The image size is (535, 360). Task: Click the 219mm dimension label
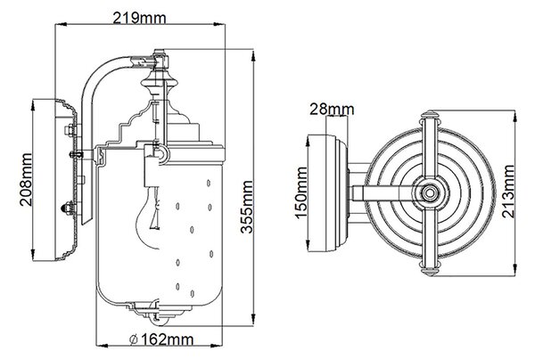[140, 18]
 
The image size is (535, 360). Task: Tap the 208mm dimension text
[26, 180]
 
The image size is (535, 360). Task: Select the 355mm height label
[246, 207]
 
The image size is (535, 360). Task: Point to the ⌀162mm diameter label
[161, 340]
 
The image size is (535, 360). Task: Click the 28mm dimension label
[332, 109]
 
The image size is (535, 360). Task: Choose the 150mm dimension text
[301, 192]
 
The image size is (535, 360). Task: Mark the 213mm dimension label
[508, 192]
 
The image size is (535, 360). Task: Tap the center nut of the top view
[429, 193]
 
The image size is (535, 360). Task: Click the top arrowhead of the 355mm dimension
[253, 56]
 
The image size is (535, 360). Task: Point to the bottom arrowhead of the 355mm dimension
[253, 320]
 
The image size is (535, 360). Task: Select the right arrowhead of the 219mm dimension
[219, 24]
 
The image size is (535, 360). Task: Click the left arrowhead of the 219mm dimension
[61, 24]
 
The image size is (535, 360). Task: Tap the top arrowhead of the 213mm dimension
[514, 116]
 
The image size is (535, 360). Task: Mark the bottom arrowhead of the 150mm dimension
[309, 245]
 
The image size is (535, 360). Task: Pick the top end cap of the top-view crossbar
[430, 115]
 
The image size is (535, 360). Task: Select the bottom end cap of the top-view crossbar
[430, 271]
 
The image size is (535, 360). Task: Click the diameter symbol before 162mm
[134, 340]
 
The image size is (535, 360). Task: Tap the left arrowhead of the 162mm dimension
[102, 346]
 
